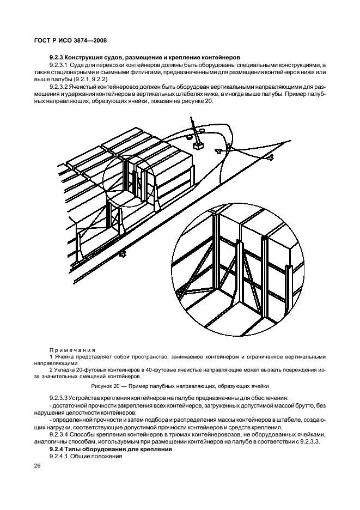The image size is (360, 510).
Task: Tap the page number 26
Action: tap(38, 465)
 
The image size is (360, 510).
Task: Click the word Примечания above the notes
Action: tap(72, 350)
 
